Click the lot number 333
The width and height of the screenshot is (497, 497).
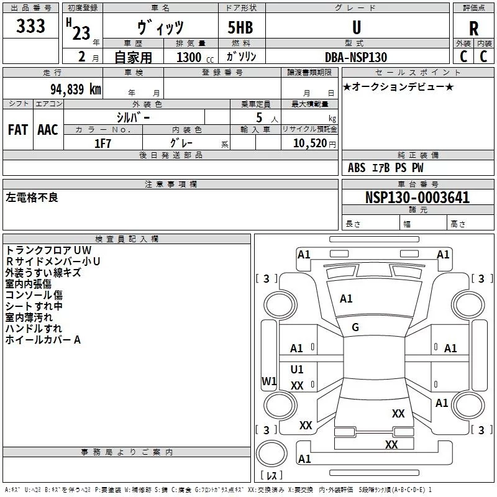[30, 25]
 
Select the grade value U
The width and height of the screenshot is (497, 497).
[357, 27]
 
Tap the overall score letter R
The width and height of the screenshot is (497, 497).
[473, 29]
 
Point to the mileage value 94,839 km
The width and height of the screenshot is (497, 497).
[76, 89]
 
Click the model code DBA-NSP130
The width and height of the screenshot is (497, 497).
[356, 57]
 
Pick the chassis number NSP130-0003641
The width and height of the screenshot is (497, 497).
[417, 198]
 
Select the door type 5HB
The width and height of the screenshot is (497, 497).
[240, 27]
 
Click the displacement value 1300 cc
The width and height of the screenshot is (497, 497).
[195, 57]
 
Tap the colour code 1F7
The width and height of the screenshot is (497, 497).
[103, 144]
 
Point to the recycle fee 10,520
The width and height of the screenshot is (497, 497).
[309, 144]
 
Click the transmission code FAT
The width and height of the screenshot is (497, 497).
[18, 130]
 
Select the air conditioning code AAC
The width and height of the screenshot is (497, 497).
[48, 130]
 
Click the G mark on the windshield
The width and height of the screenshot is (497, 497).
[355, 327]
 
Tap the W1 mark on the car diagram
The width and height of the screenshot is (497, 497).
[269, 381]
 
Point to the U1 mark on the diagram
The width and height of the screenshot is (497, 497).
[297, 369]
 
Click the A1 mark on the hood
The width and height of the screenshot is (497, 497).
[346, 299]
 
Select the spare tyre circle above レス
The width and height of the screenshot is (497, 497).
[271, 454]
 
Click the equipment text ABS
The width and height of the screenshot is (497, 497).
[357, 168]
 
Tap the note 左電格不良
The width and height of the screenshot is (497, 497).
[32, 198]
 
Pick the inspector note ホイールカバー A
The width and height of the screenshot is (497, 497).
[43, 340]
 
